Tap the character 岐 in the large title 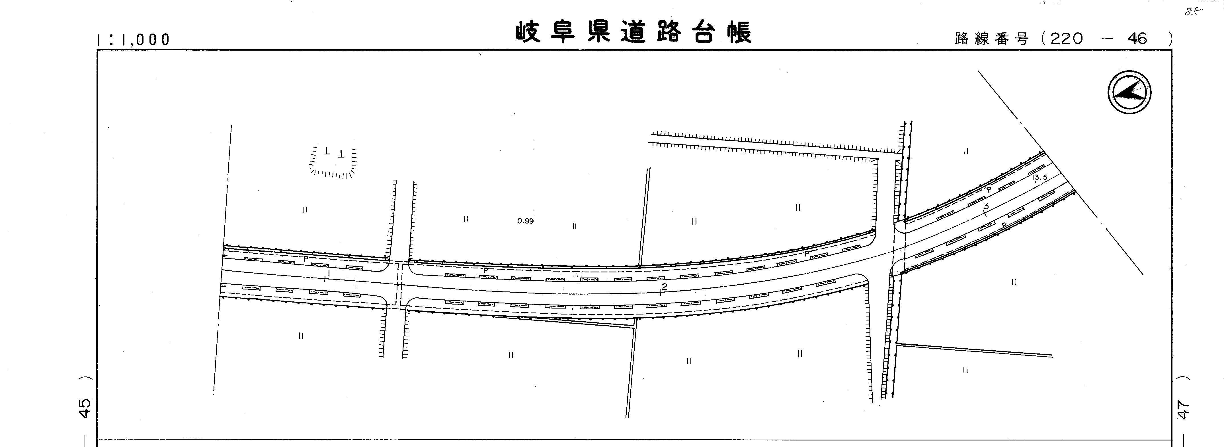528,32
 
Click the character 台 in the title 704,32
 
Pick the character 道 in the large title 634,32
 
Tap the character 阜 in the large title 563,32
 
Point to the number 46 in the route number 1137,38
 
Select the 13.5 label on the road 1039,177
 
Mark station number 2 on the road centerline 664,287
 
